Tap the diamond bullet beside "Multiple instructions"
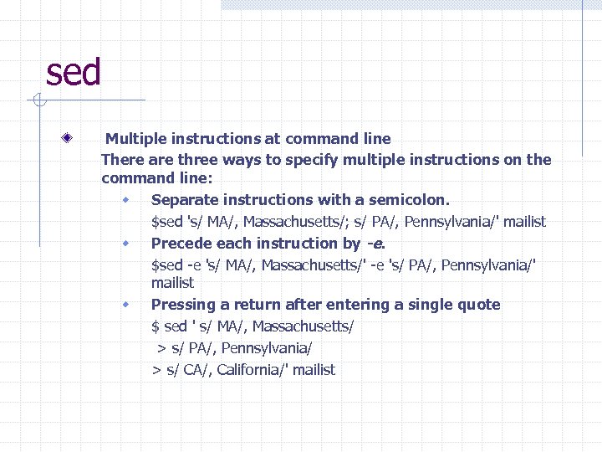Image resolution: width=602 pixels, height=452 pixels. pos(75,137)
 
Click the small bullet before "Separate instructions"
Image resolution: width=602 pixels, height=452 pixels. pos(125,200)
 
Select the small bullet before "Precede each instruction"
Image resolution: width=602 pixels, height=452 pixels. pos(125,244)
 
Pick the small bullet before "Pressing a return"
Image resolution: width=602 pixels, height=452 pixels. pos(125,304)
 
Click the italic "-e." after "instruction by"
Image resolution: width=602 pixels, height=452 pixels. pos(375,244)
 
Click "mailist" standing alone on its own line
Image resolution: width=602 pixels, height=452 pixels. pos(172,283)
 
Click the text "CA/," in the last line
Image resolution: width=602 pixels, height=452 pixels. pos(196,370)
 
